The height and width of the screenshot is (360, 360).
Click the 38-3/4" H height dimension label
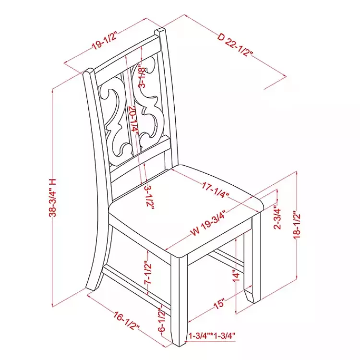pyautogui.click(x=52, y=198)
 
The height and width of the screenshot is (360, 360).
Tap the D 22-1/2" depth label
pyautogui.click(x=235, y=45)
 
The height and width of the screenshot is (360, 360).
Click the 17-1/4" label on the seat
pyautogui.click(x=216, y=190)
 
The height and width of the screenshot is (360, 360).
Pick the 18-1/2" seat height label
pyautogui.click(x=297, y=227)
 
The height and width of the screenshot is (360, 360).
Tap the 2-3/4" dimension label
pyautogui.click(x=277, y=218)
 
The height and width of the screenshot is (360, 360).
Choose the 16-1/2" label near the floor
pyautogui.click(x=127, y=320)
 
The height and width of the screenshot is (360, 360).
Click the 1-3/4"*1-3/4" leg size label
pyautogui.click(x=212, y=336)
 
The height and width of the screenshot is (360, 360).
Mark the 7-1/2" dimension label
pyautogui.click(x=148, y=273)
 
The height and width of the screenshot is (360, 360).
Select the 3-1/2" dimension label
pyautogui.click(x=149, y=197)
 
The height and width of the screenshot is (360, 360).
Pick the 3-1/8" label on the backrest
pyautogui.click(x=142, y=77)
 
